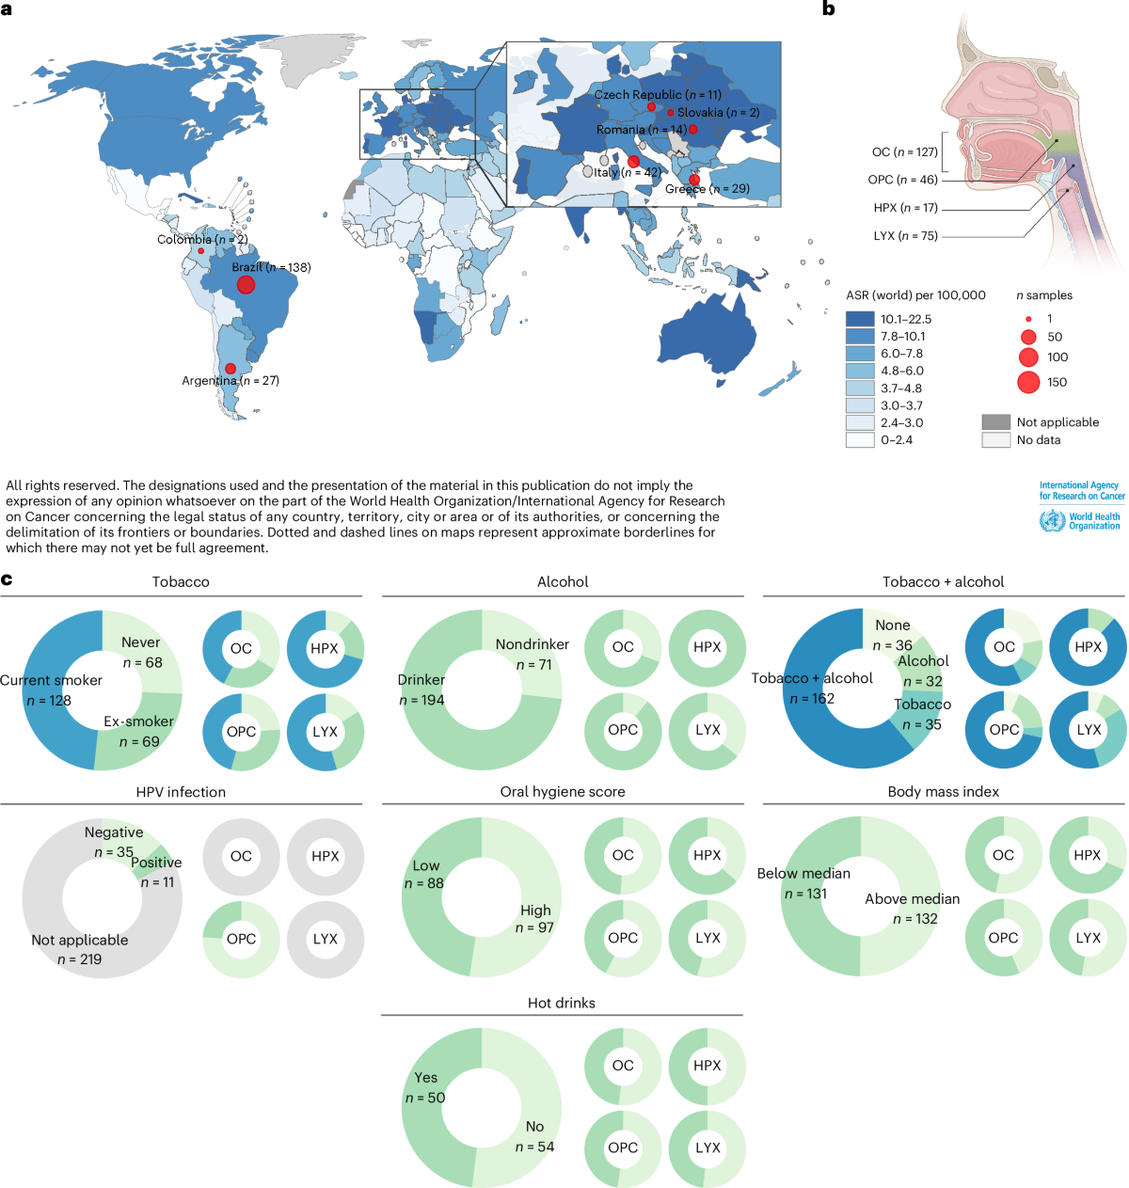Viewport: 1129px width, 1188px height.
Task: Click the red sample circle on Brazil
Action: [245, 284]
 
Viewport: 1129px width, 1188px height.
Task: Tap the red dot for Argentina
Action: [230, 368]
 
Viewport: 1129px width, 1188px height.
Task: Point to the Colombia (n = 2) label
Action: [202, 239]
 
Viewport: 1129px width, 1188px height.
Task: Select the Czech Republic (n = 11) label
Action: [657, 94]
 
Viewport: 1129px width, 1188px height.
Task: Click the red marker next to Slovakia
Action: [670, 112]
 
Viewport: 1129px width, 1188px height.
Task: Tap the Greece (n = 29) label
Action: [707, 188]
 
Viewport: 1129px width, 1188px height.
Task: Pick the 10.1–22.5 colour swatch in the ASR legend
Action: [859, 319]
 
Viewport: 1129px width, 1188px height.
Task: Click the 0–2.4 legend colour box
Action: [859, 439]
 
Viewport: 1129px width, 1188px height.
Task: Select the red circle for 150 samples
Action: [1027, 382]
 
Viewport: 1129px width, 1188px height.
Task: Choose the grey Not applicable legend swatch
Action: [994, 421]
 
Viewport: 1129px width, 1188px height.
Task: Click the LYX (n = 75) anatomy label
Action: [905, 236]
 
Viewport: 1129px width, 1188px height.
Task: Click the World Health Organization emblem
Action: [1052, 520]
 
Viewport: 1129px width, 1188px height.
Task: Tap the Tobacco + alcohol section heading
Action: [942, 581]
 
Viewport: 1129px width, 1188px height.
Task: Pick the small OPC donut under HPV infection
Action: [241, 938]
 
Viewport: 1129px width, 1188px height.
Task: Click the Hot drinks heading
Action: [561, 1003]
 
